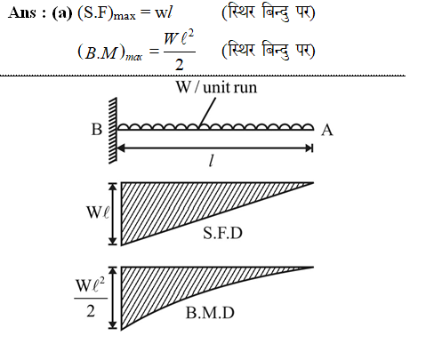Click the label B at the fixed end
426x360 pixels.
tap(97, 130)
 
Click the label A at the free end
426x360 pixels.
tap(327, 130)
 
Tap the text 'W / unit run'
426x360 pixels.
tap(216, 87)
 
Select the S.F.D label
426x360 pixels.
tap(222, 233)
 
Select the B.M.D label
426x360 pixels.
tap(210, 313)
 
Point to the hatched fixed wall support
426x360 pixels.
tap(113, 131)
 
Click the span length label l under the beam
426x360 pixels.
tap(211, 162)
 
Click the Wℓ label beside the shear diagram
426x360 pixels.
tap(98, 212)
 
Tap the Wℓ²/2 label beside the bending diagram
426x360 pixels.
tap(91, 298)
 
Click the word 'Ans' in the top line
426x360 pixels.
tap(22, 12)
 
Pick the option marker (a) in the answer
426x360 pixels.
tap(62, 13)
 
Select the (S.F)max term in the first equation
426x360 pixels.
tap(107, 14)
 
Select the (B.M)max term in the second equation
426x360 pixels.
tap(109, 53)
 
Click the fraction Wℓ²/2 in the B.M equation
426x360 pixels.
tap(180, 51)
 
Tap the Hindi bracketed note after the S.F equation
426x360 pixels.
tap(269, 13)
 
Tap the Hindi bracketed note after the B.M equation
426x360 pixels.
tap(269, 51)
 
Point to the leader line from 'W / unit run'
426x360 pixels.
tap(207, 112)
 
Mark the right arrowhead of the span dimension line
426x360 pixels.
tap(309, 148)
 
